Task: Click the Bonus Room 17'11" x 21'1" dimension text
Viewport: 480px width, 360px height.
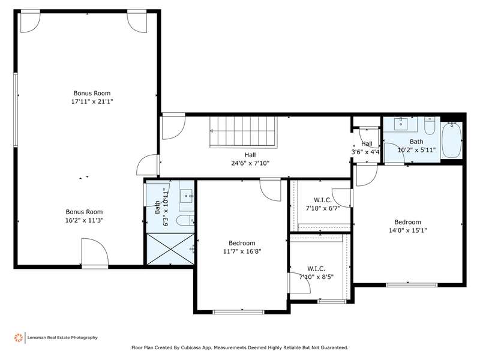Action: [92, 101]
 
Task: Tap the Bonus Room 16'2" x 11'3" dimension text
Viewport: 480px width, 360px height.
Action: [85, 220]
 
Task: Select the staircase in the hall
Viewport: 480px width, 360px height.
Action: [244, 132]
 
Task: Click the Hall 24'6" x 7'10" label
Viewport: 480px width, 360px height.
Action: [250, 159]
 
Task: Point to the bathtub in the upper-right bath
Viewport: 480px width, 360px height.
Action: [451, 140]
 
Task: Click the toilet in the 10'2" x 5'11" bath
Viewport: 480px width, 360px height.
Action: [430, 126]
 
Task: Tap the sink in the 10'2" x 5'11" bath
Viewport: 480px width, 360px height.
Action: [400, 124]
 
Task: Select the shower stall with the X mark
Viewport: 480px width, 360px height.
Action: [170, 248]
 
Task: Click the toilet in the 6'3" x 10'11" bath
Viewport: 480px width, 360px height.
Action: [185, 220]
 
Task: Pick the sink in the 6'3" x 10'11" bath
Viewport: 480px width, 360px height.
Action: [187, 196]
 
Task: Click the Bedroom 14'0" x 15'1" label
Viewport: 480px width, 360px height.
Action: [407, 226]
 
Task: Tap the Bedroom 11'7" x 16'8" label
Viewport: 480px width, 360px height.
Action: [242, 247]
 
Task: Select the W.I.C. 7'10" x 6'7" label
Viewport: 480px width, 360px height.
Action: [323, 204]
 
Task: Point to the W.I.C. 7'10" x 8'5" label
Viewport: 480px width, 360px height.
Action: [316, 273]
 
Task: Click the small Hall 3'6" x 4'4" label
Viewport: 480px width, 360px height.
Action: [367, 148]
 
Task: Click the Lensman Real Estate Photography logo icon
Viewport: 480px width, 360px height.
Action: [19, 338]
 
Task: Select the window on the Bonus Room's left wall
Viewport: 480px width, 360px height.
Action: [16, 110]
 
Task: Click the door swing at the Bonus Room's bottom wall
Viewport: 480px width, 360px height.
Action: [95, 251]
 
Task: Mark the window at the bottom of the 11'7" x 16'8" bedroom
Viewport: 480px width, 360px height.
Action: [238, 312]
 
